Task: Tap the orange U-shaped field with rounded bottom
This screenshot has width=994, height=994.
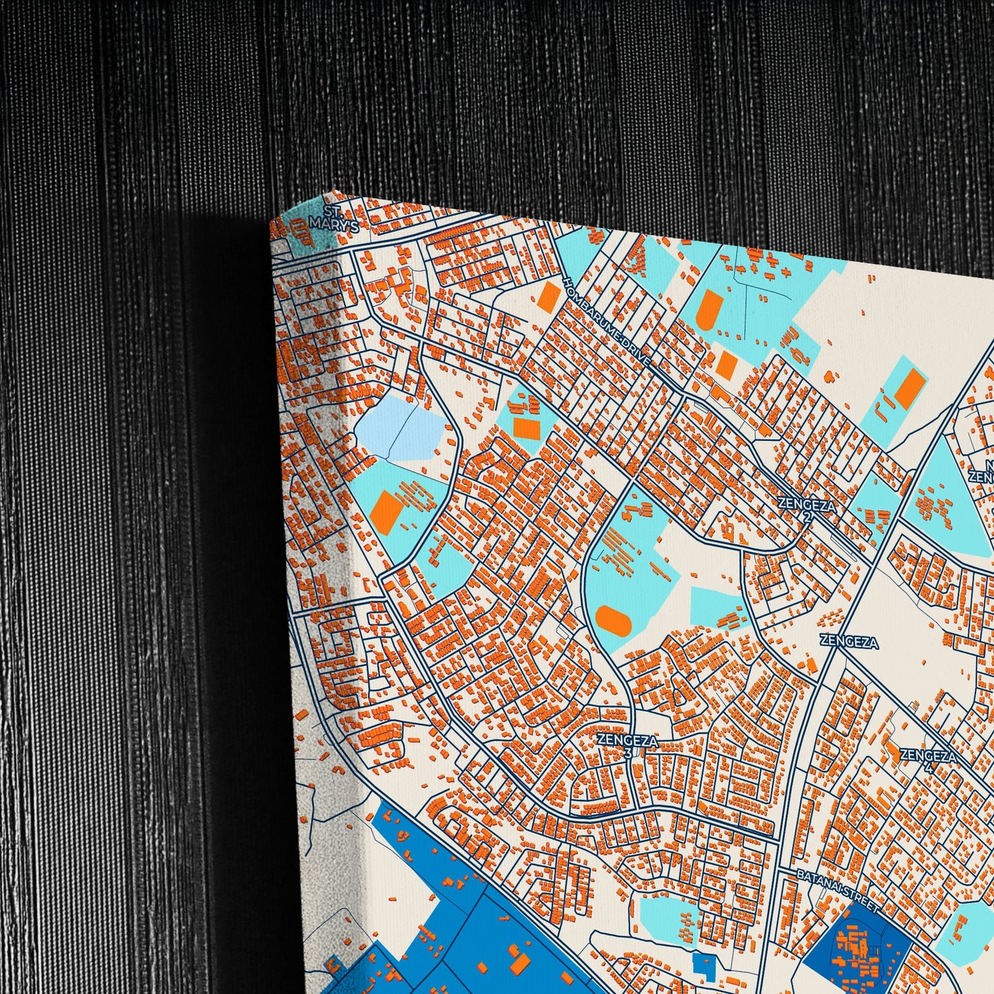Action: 707,309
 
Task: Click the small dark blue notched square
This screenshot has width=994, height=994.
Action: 703,964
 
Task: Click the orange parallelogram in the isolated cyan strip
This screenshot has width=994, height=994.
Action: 909,388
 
